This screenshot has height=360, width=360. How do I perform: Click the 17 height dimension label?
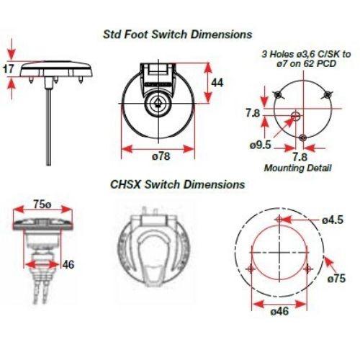pyautogui.click(x=8, y=69)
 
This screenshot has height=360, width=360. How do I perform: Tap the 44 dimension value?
pyautogui.click(x=217, y=83)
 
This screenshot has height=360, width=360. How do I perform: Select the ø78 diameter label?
pyautogui.click(x=161, y=156)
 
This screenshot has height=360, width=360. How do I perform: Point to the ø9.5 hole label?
pyautogui.click(x=261, y=145)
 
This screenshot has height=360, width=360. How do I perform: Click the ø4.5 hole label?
pyautogui.click(x=333, y=220)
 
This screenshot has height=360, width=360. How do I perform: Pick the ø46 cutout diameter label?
pyautogui.click(x=279, y=312)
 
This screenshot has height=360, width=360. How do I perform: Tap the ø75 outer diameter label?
pyautogui.click(x=337, y=279)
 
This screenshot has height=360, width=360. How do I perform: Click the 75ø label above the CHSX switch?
pyautogui.click(x=42, y=204)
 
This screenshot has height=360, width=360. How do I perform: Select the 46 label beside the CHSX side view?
pyautogui.click(x=68, y=264)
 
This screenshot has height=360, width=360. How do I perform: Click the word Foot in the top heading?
pyautogui.click(x=135, y=35)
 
